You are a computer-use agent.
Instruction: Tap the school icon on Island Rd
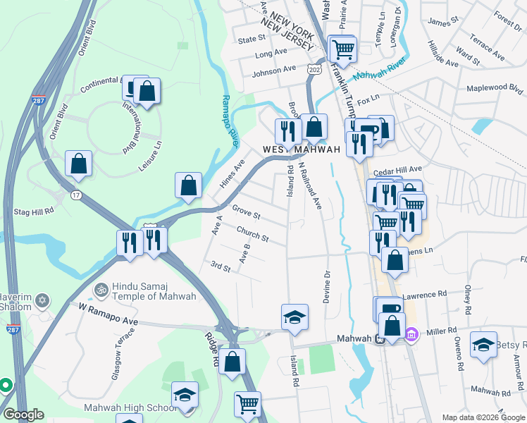click(295, 317)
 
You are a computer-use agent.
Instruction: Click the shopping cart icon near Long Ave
click(343, 50)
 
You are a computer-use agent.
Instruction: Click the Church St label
click(252, 234)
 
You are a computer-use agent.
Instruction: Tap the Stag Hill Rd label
click(35, 211)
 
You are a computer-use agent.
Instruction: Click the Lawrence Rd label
click(425, 294)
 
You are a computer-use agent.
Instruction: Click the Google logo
click(24, 415)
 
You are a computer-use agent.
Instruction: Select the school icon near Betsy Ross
click(483, 345)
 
